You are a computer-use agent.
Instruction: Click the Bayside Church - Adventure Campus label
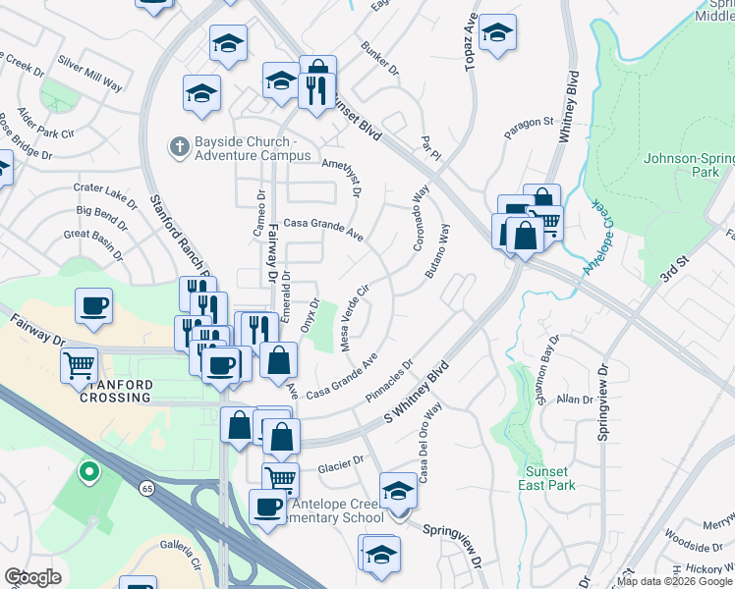point(249,148)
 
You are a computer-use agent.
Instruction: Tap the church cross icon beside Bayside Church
point(179,147)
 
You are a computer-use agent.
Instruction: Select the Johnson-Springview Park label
point(688,164)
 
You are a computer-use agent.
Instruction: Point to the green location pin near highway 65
point(88,473)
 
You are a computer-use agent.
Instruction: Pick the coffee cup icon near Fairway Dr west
point(93,305)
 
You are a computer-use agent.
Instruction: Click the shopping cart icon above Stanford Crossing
point(80,365)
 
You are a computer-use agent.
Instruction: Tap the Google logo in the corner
point(32,577)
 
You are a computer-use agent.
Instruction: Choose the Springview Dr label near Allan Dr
point(602,402)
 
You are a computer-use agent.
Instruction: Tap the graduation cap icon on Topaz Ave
point(498,32)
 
